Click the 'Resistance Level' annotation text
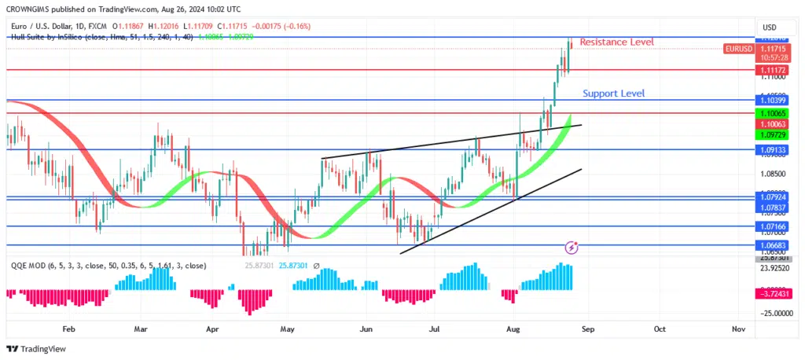click(x=616, y=42)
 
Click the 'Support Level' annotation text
click(x=613, y=94)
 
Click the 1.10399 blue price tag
click(x=774, y=101)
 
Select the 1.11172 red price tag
click(x=774, y=70)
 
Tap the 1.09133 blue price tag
click(x=774, y=149)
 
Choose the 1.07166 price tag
click(x=774, y=226)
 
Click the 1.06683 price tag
click(x=774, y=245)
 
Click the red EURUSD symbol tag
click(x=737, y=49)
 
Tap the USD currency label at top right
click(x=770, y=27)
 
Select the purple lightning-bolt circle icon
click(x=572, y=248)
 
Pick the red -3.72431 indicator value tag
click(x=774, y=294)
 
